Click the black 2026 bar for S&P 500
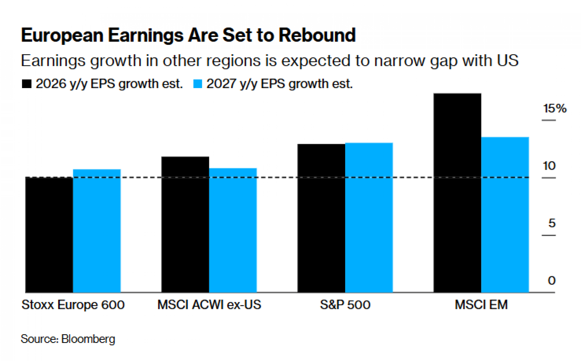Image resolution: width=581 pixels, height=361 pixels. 321,218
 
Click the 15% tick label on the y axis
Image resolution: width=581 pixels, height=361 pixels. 555,108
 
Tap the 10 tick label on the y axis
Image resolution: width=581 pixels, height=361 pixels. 549,166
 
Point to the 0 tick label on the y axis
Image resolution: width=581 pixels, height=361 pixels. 552,280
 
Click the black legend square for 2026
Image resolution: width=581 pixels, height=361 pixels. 27,84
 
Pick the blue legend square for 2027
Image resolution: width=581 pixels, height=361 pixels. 198,84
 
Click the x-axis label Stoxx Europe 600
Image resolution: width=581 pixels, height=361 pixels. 73,305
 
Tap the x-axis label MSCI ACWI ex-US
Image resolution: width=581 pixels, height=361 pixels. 209,305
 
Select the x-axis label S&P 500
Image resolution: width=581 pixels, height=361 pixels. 345,305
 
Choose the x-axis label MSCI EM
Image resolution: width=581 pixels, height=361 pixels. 481,305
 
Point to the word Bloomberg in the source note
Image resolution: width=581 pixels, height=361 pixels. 88,339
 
